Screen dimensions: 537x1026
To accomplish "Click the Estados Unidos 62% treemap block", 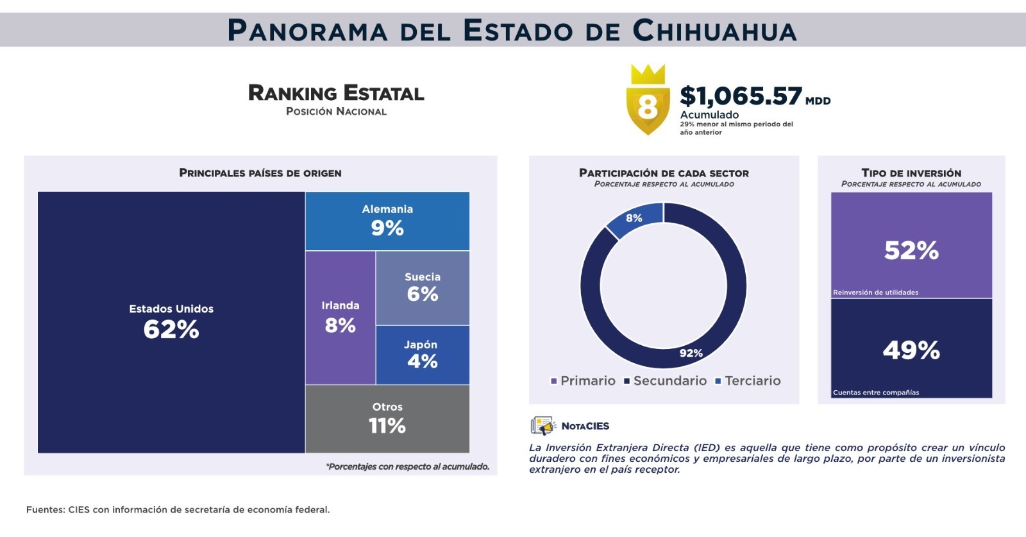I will (171, 322).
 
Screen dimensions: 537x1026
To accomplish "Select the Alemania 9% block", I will (387, 221).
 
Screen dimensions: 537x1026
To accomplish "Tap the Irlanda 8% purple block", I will (341, 318).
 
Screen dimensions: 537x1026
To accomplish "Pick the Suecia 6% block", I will (423, 287).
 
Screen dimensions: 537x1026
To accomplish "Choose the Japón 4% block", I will (422, 355).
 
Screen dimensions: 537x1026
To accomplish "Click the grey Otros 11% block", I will (387, 418).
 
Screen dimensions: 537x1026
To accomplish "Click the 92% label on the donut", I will (691, 353).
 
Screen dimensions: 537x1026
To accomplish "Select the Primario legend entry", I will (583, 381).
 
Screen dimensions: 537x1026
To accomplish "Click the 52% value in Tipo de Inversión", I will (911, 250).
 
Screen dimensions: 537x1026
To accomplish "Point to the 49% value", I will (911, 350).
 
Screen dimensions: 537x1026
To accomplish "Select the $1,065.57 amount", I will (741, 96).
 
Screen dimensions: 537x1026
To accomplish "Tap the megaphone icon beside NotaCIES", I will (542, 426).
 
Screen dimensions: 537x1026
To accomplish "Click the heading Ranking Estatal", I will (336, 94).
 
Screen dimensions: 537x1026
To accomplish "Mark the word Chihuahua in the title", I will (714, 30).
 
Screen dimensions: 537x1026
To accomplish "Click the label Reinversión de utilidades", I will (875, 293).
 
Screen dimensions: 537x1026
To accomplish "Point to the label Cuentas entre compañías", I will (875, 393).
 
